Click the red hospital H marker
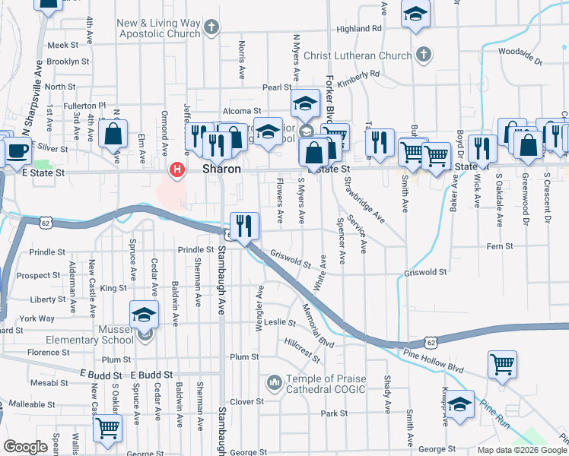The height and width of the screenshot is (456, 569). (x=177, y=169)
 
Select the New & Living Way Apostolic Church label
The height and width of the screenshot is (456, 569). (x=158, y=28)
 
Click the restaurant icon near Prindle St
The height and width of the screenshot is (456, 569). (x=244, y=225)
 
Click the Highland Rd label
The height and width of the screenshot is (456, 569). (x=358, y=29)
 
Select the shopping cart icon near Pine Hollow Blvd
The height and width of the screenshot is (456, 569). (x=502, y=364)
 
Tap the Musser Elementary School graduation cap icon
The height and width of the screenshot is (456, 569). (x=144, y=314)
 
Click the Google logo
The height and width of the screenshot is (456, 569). (x=26, y=447)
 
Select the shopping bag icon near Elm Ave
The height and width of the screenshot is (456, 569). (x=113, y=135)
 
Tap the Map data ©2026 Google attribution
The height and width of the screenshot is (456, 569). (x=522, y=450)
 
